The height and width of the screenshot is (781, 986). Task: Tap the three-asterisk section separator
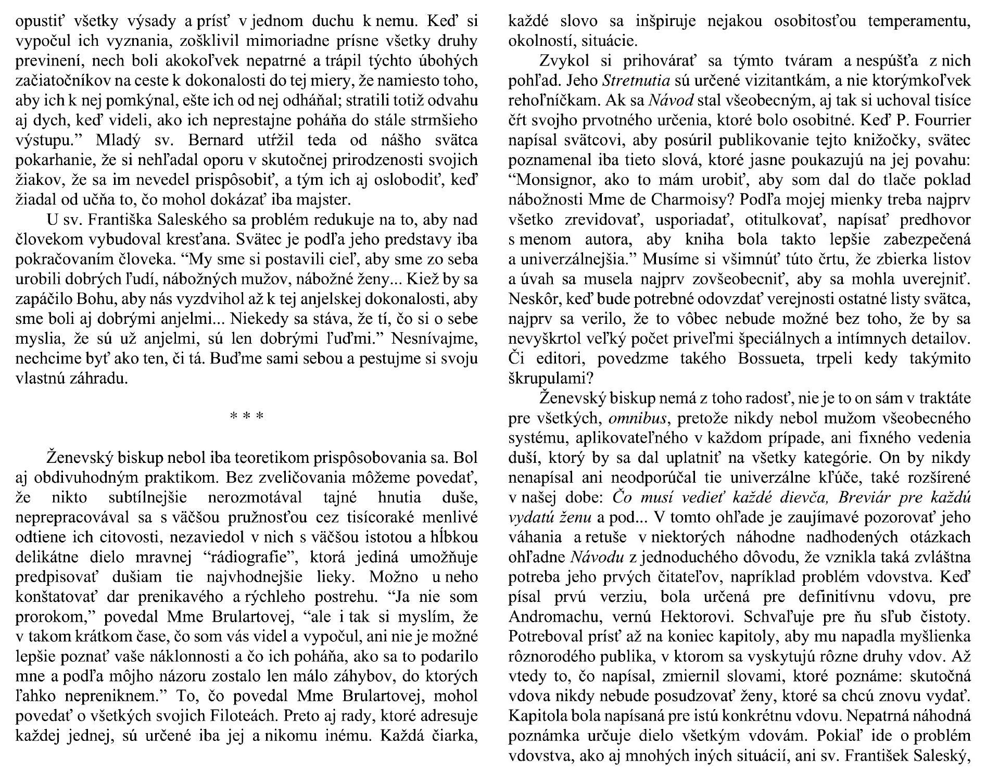pos(247,417)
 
